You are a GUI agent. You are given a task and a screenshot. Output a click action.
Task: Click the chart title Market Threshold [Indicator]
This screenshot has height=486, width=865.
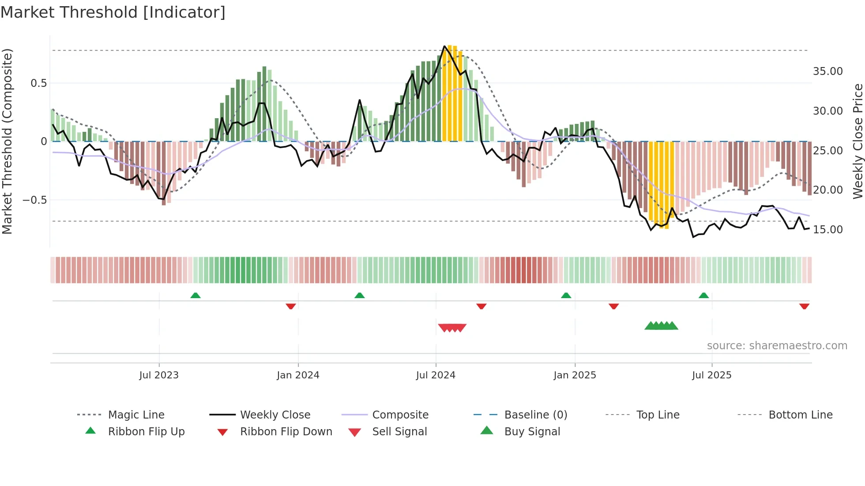click(x=113, y=12)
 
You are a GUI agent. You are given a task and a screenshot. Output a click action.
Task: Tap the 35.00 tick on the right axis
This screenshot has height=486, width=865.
click(x=827, y=71)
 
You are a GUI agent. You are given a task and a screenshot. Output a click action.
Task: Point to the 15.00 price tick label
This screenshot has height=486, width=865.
click(x=827, y=230)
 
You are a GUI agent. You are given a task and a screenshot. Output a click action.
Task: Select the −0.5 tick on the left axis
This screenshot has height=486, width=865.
click(x=34, y=200)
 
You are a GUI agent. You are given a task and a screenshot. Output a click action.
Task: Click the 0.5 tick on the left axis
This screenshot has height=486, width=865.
click(x=38, y=83)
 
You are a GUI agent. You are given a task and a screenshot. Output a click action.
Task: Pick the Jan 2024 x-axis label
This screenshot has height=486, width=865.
click(x=298, y=375)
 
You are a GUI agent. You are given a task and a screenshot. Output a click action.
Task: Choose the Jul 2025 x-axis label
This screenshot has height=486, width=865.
click(x=711, y=375)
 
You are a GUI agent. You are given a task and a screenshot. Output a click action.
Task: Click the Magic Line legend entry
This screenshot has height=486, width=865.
click(x=136, y=415)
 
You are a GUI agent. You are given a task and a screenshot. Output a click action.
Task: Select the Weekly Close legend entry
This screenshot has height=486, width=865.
click(x=275, y=415)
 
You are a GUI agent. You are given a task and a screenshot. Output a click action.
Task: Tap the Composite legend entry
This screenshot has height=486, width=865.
click(x=400, y=415)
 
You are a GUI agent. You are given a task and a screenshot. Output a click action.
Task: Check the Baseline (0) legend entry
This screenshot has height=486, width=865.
click(x=535, y=415)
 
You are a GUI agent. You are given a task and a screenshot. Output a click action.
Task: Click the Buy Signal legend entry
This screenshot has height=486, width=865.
click(x=532, y=432)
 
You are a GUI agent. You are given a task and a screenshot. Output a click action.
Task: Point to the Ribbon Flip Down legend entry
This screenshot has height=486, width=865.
click(x=286, y=432)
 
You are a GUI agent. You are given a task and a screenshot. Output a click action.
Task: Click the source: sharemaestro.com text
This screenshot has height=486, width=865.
click(x=777, y=346)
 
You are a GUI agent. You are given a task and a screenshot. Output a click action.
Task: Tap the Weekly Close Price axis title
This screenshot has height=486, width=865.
click(x=857, y=141)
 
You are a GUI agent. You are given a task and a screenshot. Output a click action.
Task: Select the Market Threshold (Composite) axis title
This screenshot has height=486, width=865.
click(x=7, y=141)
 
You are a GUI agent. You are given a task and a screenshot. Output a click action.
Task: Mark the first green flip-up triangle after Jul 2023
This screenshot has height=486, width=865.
click(x=196, y=295)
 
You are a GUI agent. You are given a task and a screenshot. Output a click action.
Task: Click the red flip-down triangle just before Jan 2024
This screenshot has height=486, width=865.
click(x=290, y=307)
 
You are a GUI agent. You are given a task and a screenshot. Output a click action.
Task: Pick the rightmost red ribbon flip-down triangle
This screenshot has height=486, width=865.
click(x=804, y=307)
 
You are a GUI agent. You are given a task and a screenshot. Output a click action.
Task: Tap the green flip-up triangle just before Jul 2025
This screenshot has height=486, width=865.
click(x=703, y=295)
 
